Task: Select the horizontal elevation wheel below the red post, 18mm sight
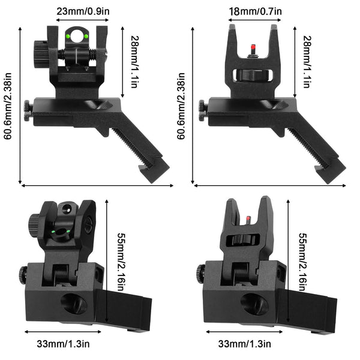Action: (252, 75)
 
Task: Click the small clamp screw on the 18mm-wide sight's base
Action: (202, 109)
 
